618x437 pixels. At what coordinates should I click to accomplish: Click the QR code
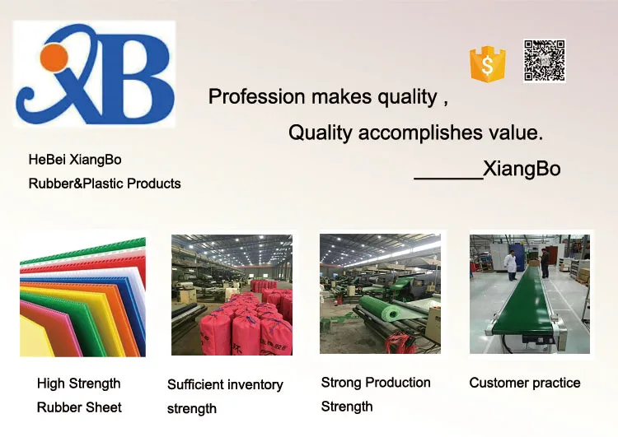coord(544,61)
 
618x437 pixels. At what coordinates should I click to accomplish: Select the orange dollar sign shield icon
coord(486,63)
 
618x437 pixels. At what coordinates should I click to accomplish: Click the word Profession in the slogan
coord(256,97)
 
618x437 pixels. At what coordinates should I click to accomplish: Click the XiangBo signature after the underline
coord(522,170)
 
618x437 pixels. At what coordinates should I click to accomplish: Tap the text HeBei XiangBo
coord(75,160)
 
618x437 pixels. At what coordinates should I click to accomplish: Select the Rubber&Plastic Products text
coord(105,184)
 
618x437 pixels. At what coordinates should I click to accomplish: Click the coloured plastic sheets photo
coord(82,295)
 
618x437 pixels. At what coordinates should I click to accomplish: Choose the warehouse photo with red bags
coord(232,295)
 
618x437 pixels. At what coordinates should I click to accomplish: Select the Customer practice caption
coord(525,383)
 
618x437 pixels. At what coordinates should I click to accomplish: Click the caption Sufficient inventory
coord(225,384)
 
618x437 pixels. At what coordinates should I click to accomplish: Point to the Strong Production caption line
coord(376,383)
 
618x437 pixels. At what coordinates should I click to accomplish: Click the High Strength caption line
coord(79,384)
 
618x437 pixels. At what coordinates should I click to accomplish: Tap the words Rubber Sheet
coord(79,407)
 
